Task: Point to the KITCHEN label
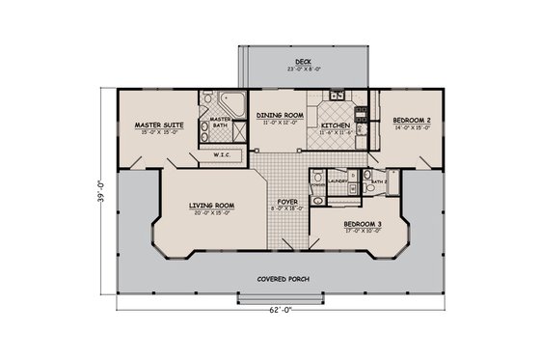335,125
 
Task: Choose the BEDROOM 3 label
364,224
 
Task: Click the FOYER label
288,203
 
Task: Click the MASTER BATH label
220,122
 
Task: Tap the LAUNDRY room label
337,180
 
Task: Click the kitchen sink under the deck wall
336,95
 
